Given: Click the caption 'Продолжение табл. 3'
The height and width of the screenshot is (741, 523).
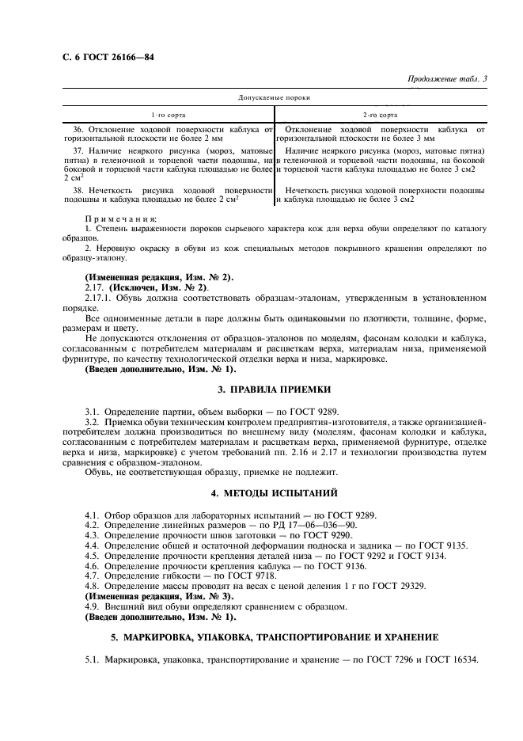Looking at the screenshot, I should coord(447,78).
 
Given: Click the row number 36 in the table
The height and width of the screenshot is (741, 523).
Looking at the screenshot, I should coord(78,129).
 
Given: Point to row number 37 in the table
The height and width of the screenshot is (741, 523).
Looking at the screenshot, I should coord(78,150).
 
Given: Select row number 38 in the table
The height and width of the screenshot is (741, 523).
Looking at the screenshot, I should coord(78,190).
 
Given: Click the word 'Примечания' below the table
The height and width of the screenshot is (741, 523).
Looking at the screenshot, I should coord(121,218).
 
